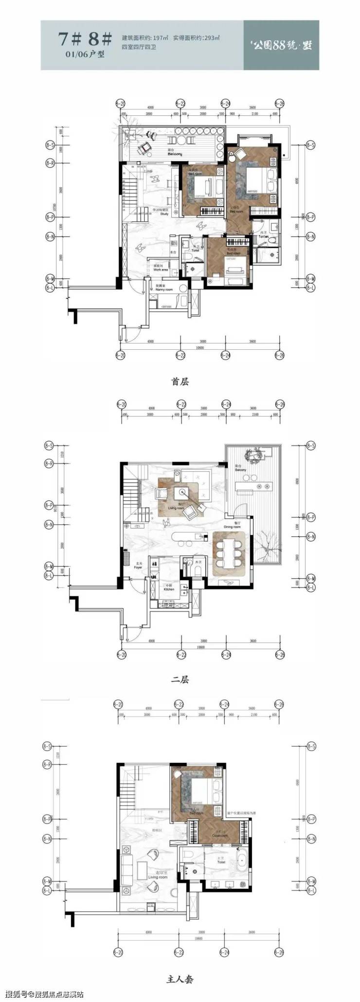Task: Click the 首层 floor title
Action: (180, 382)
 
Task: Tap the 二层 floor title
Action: (180, 680)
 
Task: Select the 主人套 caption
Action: (180, 976)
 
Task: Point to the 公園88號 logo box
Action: (281, 45)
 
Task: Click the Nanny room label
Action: (164, 289)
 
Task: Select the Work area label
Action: (160, 269)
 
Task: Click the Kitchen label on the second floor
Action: (168, 589)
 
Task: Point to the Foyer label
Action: (139, 567)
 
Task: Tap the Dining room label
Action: (232, 527)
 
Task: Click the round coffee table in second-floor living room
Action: (185, 492)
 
